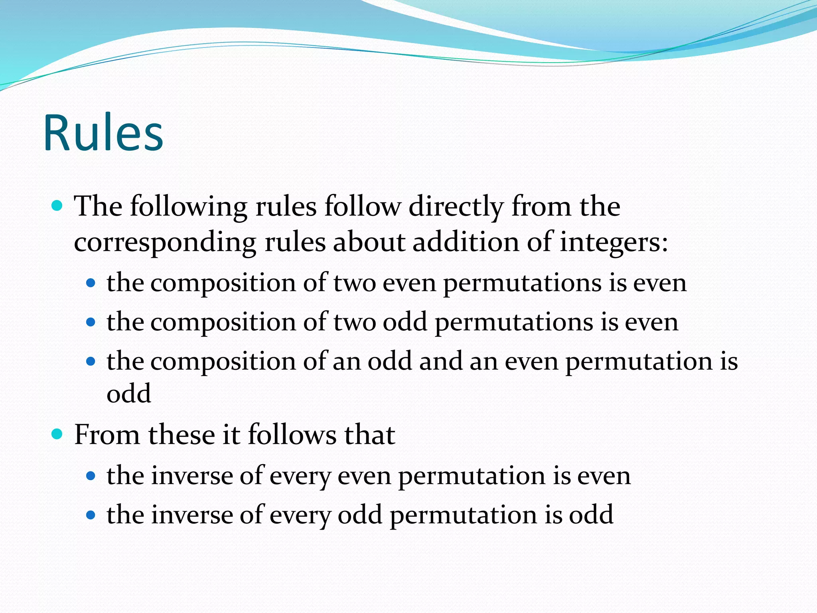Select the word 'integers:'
click(614, 242)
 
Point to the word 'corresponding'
click(165, 242)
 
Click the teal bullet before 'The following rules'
click(57, 206)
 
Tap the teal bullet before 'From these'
click(57, 434)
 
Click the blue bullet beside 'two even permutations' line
click(91, 283)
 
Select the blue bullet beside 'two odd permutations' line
click(91, 322)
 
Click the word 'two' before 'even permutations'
click(354, 283)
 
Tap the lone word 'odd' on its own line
click(129, 394)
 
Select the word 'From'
click(107, 435)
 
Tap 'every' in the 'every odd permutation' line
click(300, 515)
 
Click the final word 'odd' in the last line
click(591, 515)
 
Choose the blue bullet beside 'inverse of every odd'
click(91, 515)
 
